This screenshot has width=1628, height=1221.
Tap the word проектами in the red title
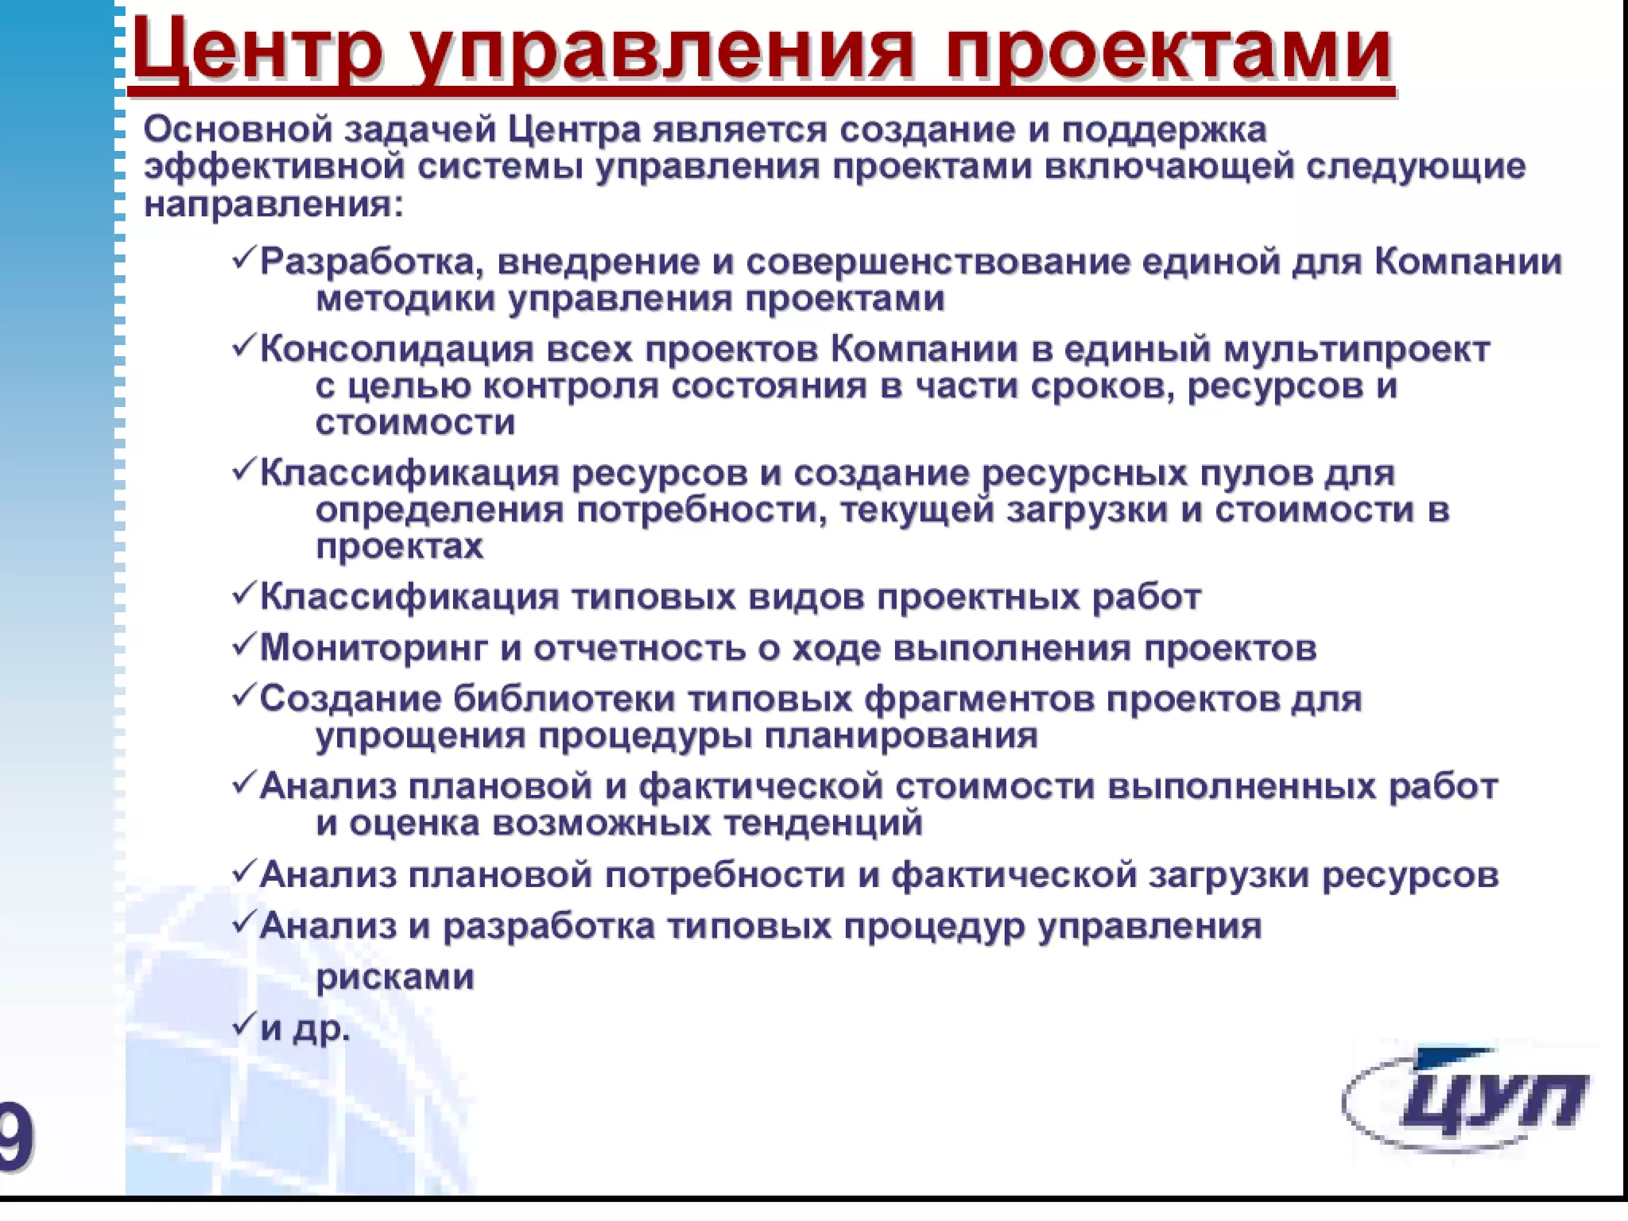click(1169, 49)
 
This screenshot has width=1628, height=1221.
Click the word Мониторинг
click(373, 648)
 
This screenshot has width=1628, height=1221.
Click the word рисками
click(395, 977)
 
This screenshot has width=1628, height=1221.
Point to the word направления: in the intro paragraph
click(274, 206)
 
